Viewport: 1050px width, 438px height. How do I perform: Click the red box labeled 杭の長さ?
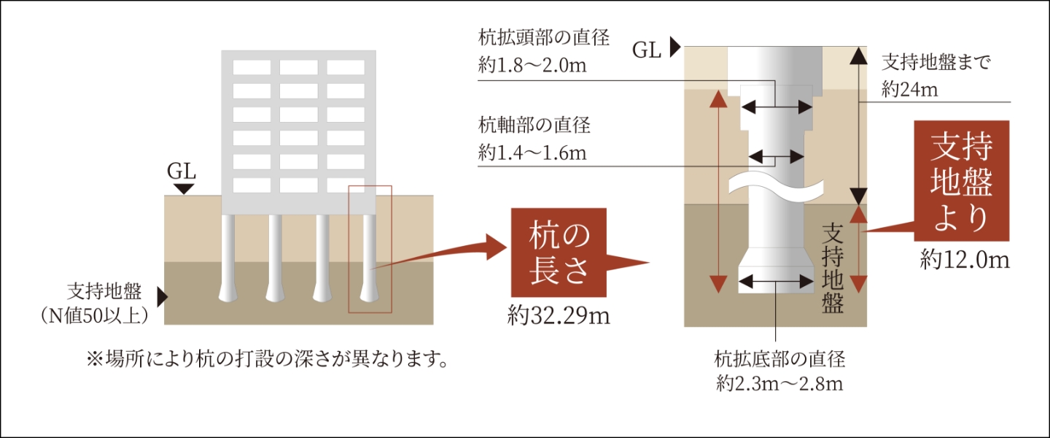click(558, 252)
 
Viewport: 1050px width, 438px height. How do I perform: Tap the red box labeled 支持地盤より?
click(962, 180)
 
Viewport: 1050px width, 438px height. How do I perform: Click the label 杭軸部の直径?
click(534, 125)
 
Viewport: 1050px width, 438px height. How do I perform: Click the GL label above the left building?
click(182, 172)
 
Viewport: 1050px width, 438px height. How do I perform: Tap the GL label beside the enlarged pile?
click(647, 50)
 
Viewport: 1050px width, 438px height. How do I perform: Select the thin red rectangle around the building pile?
click(370, 248)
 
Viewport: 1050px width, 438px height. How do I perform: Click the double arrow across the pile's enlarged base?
click(776, 278)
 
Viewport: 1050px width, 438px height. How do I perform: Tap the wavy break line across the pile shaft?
click(776, 187)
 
